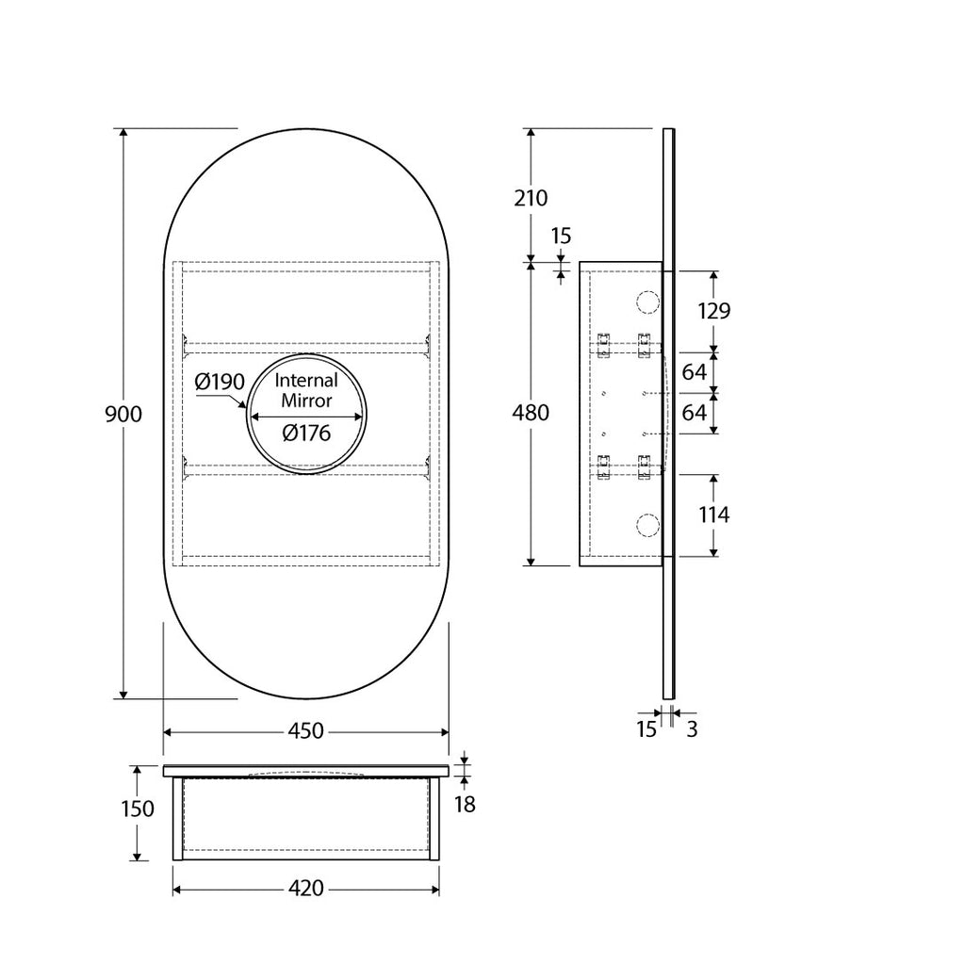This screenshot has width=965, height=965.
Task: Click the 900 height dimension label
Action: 123,415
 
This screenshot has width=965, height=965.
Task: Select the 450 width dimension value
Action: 306,730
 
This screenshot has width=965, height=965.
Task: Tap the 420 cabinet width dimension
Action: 306,888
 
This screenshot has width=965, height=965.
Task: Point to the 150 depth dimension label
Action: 138,808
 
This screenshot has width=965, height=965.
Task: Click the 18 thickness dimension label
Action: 465,804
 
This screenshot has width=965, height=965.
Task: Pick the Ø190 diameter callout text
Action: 220,383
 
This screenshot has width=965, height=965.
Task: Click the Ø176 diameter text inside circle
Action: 306,433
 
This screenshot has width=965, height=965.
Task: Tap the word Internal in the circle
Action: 306,380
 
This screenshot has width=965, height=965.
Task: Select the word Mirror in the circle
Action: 306,401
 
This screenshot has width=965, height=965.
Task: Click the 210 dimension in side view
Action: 531,198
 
